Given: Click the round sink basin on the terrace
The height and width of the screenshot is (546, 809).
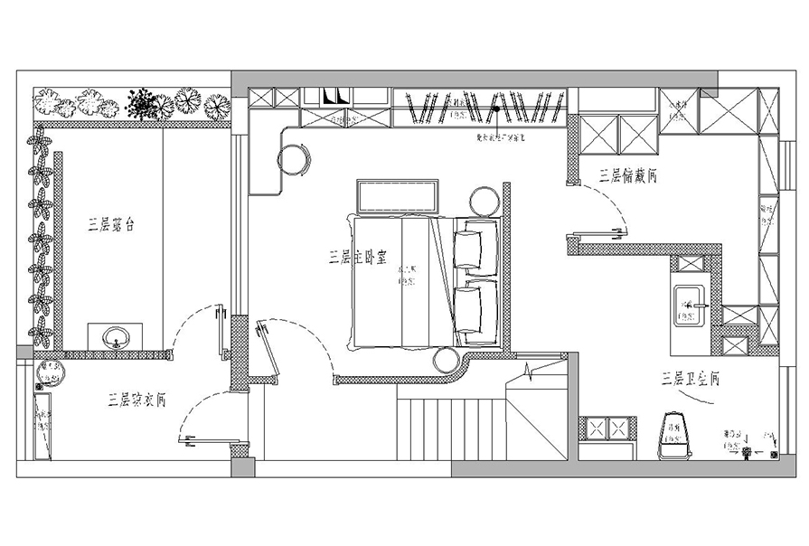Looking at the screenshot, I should pos(115,340).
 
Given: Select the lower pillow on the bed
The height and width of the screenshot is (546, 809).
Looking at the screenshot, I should pos(472,307).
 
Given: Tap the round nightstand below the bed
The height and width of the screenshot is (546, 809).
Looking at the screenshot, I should pos(447,361).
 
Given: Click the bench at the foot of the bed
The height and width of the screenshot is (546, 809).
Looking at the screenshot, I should pos(399,196).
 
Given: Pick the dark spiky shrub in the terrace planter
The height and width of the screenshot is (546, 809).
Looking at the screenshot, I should pos(142,103).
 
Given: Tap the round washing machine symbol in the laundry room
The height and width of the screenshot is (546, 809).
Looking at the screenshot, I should pos(47,372).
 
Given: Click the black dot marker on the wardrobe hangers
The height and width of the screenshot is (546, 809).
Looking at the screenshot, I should pos(495,110).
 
